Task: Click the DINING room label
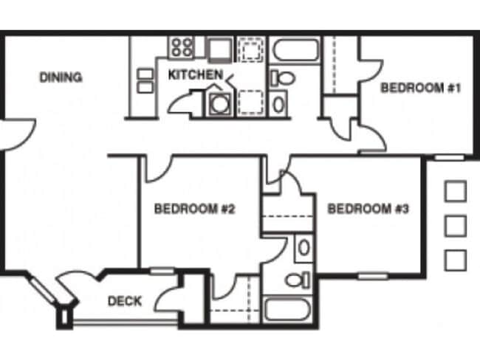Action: coord(61,77)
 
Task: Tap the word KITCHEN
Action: coord(195,75)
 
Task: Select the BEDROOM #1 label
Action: coord(421,89)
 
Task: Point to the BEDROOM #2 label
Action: coord(194,209)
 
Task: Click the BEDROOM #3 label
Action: coord(368,209)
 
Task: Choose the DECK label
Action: coord(125,301)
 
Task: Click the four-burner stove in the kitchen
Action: coord(182,49)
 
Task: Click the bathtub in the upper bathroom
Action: coord(295,51)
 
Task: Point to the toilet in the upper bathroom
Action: coord(283,77)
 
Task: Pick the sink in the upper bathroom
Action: coord(279,103)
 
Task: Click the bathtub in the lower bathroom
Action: coord(289,308)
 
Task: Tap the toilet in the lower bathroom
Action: coord(297,280)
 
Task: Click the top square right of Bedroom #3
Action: coord(456,191)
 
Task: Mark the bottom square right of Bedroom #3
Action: coord(456,259)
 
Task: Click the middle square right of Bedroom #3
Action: coord(456,224)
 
